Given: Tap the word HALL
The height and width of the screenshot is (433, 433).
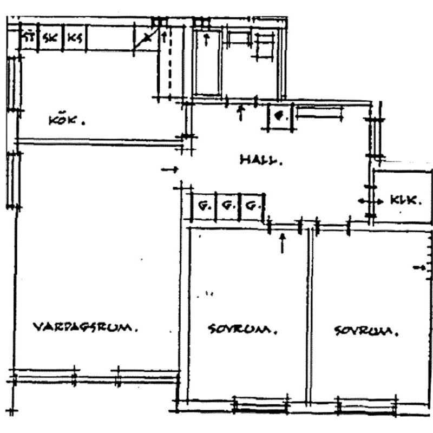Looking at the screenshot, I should (x=261, y=160).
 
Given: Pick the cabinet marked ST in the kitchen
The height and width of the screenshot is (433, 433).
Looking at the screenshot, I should (x=28, y=38).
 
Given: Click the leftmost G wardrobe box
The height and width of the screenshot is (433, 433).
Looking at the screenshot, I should (x=204, y=206).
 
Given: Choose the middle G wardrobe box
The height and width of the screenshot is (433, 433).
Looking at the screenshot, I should (x=228, y=206).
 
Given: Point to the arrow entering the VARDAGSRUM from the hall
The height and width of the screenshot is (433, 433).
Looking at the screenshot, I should (x=170, y=169).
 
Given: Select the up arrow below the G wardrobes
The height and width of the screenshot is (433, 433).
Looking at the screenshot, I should (x=281, y=243).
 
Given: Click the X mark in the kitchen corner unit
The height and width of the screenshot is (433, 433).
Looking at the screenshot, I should (x=147, y=38).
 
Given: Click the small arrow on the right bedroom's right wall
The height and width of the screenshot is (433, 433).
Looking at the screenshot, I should (x=418, y=267).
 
